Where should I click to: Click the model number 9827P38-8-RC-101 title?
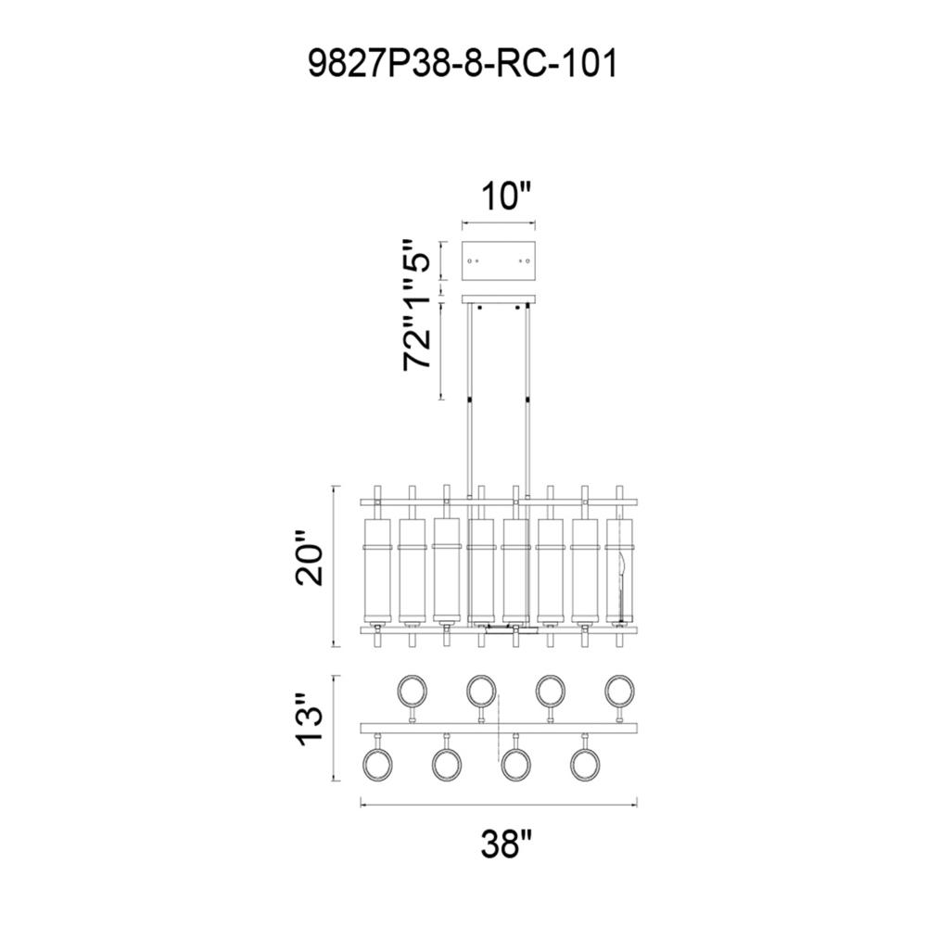point(461,66)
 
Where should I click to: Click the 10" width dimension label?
point(504,197)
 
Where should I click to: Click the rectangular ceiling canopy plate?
point(499,260)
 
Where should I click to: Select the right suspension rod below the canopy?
point(529,399)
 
